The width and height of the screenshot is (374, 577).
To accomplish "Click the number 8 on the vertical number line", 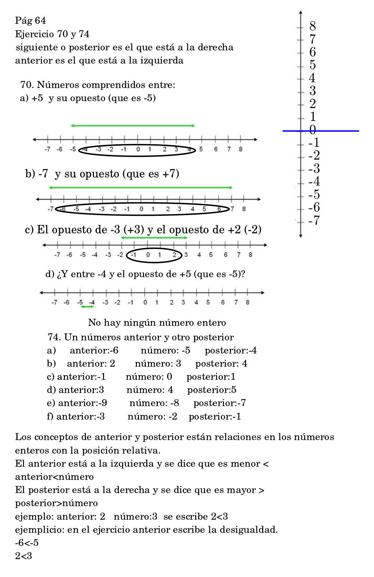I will pyautogui.click(x=313, y=26).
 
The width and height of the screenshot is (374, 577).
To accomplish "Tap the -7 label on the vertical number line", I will pyautogui.click(x=314, y=221).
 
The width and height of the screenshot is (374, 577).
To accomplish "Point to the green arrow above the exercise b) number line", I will pyautogui.click(x=141, y=188).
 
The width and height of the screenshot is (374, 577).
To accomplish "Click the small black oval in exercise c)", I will pyautogui.click(x=154, y=255).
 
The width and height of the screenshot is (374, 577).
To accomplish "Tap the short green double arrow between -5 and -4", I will pyautogui.click(x=87, y=307).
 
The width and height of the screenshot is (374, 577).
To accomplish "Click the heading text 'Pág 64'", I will pyautogui.click(x=30, y=20).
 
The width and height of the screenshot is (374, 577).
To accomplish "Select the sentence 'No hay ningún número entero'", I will pyautogui.click(x=157, y=322).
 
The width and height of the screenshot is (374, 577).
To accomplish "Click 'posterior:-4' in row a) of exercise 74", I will pyautogui.click(x=231, y=351).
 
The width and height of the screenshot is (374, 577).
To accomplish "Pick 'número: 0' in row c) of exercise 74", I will pyautogui.click(x=149, y=377).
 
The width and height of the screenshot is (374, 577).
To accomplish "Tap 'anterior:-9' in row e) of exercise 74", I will pyautogui.click(x=83, y=403).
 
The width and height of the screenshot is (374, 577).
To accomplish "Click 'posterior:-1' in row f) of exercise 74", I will pyautogui.click(x=215, y=416).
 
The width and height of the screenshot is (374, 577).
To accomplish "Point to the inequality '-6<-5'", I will pyautogui.click(x=27, y=543).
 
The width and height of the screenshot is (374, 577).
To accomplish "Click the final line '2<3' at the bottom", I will pyautogui.click(x=23, y=556).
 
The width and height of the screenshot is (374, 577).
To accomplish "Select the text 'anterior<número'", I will pyautogui.click(x=54, y=477).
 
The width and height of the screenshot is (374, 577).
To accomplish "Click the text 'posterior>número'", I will pyautogui.click(x=56, y=503).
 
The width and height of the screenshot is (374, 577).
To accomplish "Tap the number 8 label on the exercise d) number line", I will pyautogui.click(x=248, y=302).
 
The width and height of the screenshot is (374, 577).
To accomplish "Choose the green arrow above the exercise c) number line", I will pyautogui.click(x=154, y=238).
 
